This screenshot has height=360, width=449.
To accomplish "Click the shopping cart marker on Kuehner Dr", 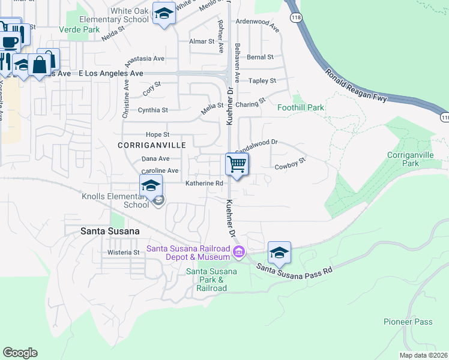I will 237,164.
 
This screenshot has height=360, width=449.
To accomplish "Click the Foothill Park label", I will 301,108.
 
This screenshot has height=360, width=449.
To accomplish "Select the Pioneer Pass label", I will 408,322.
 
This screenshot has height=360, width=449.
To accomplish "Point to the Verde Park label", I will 79,29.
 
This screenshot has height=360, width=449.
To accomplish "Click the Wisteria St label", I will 124,253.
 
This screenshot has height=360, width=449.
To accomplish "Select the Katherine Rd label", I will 204,184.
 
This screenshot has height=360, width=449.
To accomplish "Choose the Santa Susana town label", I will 110,231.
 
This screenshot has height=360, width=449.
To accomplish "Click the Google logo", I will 20,353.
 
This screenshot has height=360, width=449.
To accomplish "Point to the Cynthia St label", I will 153,110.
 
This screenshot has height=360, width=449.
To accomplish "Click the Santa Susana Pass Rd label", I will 295,268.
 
